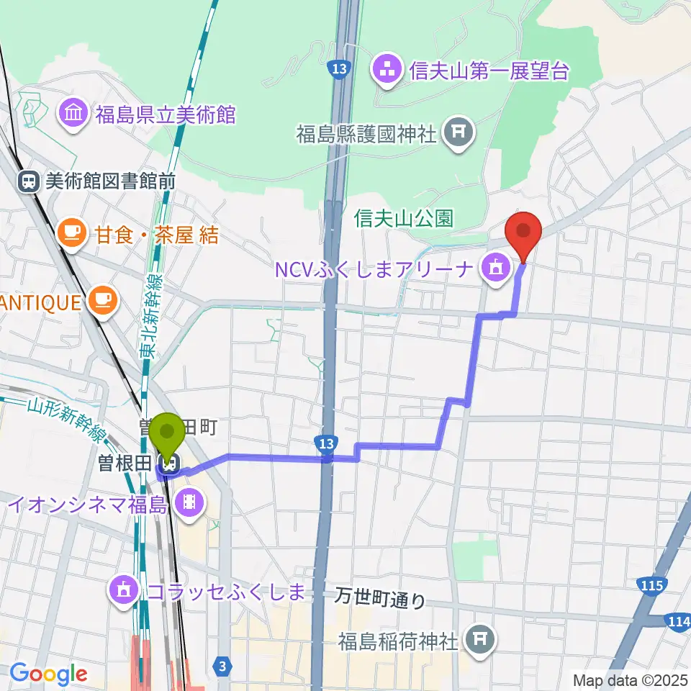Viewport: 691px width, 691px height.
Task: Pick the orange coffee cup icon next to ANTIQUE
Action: point(103,300)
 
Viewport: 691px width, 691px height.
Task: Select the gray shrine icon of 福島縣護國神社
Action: point(456,132)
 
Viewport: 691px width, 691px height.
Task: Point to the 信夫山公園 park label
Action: point(403,218)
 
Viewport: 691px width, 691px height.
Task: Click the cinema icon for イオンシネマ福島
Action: point(189,500)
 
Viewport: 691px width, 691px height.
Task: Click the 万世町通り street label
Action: point(381,597)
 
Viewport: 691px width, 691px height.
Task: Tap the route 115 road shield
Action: point(651,587)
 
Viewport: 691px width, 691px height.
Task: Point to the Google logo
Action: point(48,674)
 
